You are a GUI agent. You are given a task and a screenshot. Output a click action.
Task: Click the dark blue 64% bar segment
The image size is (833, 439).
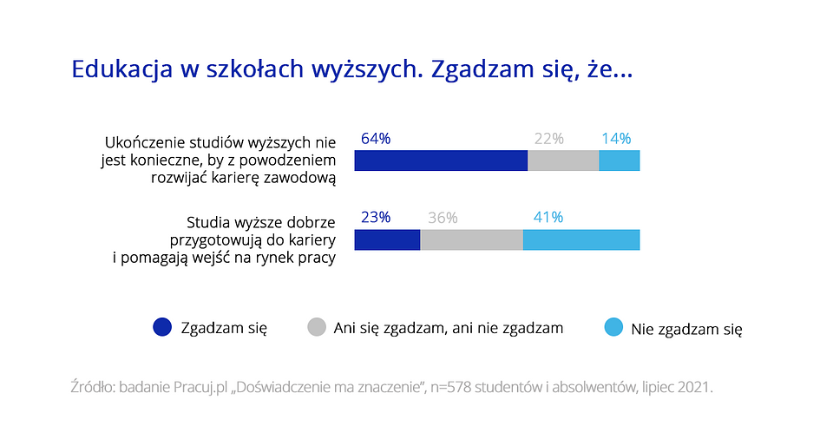441,161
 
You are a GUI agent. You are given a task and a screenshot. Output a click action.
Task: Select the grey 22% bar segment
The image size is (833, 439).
563,161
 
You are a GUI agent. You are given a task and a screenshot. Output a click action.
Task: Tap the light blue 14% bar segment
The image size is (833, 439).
619,161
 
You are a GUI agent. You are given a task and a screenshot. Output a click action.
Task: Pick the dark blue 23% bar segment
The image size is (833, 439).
387,239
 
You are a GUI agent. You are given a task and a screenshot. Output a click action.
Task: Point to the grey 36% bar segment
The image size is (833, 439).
472,239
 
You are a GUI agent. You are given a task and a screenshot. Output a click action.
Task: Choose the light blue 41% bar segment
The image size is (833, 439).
581,239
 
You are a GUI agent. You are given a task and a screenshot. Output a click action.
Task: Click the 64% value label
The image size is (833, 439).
376,139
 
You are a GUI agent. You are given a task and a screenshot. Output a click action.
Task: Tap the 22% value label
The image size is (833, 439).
548,139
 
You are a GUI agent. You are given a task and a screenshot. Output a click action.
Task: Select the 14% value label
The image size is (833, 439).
616,139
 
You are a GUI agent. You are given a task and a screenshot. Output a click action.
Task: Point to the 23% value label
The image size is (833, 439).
376,218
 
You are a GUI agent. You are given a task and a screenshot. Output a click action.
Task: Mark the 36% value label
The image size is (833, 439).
443,218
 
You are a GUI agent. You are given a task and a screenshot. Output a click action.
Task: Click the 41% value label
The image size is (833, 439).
548,218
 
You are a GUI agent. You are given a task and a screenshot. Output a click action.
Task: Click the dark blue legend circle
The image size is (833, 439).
162,327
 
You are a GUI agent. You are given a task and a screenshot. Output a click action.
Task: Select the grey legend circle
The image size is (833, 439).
317,327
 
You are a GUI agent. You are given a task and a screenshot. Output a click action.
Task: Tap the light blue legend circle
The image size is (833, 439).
613,327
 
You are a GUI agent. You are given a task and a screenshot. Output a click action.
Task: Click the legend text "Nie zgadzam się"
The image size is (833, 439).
686,330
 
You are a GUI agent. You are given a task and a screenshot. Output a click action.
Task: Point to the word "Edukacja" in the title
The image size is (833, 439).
122,69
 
